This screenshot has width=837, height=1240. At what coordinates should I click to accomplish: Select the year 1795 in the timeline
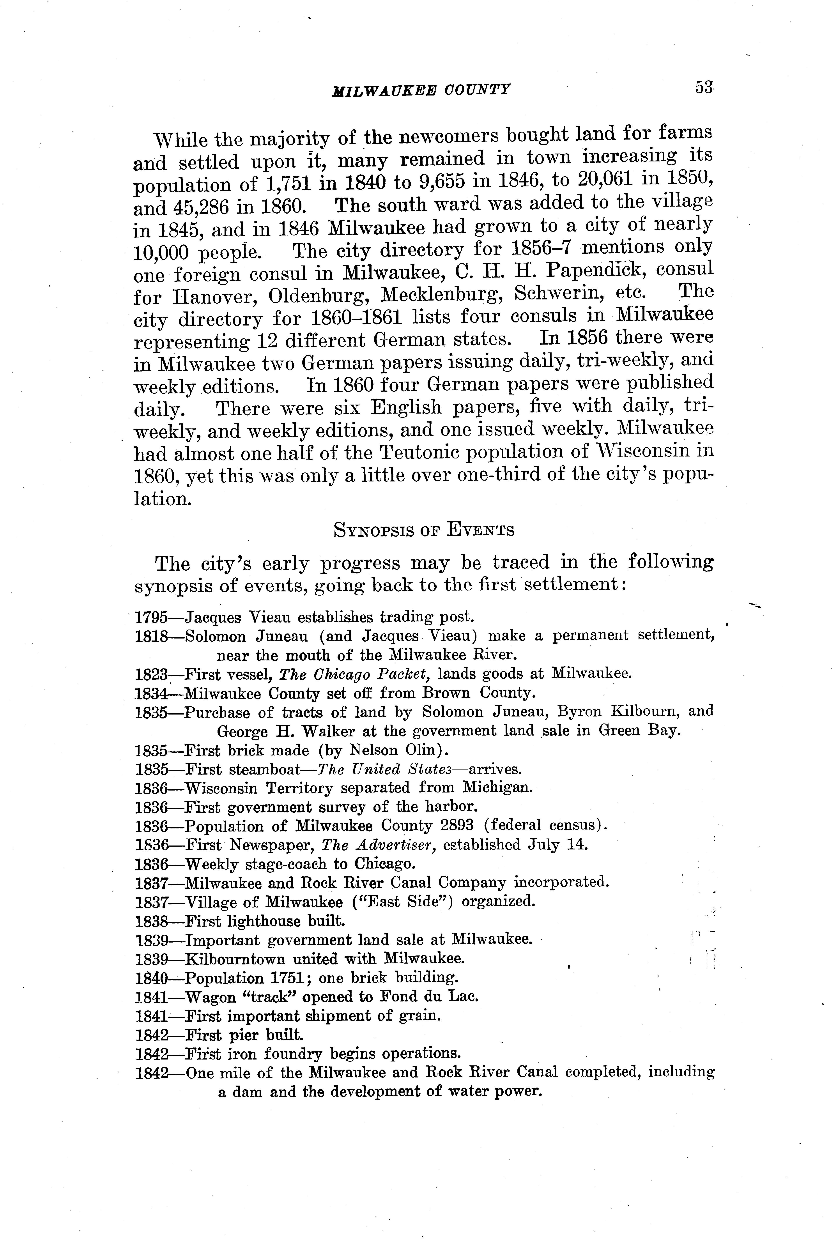pyautogui.click(x=151, y=617)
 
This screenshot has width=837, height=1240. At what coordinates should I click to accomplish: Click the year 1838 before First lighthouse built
pyautogui.click(x=151, y=922)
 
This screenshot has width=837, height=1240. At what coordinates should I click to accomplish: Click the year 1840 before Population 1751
pyautogui.click(x=151, y=978)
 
